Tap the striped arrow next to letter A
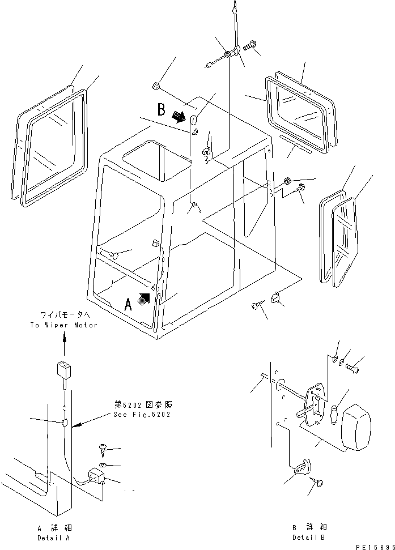(145, 299)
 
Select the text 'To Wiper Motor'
(63, 325)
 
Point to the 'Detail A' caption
(54, 537)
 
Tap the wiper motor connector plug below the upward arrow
(62, 372)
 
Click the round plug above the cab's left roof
(155, 86)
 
